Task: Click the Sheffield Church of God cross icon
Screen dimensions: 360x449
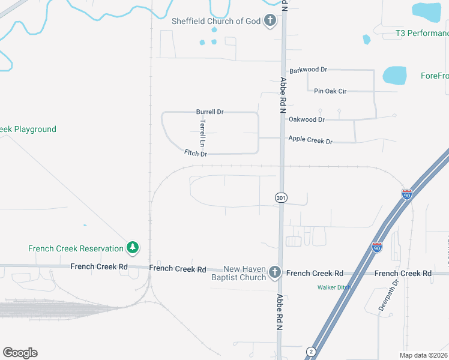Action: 270,22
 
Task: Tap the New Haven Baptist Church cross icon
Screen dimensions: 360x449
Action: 275,272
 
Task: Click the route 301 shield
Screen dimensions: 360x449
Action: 281,197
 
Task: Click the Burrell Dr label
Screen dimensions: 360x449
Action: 209,112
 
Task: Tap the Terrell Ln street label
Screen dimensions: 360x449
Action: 203,133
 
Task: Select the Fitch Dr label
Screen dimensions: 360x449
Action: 196,154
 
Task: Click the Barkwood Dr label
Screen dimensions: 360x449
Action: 308,70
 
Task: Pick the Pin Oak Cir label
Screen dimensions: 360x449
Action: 330,91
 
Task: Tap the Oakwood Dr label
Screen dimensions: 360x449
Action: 307,119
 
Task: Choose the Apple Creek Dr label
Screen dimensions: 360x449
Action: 310,140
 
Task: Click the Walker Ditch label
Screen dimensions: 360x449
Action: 334,287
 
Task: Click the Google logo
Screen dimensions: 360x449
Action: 20,353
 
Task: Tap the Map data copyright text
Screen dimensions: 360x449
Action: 423,355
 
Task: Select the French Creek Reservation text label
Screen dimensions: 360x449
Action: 74,248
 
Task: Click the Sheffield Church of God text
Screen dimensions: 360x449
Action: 216,22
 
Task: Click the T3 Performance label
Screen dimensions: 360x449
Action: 422,33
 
